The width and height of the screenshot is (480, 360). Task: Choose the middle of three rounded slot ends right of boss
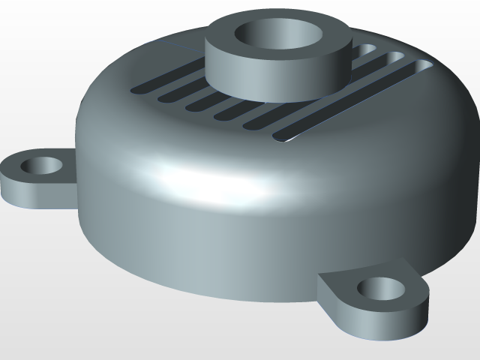pos(394,58)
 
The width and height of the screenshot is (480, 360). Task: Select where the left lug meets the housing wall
pos(74,169)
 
